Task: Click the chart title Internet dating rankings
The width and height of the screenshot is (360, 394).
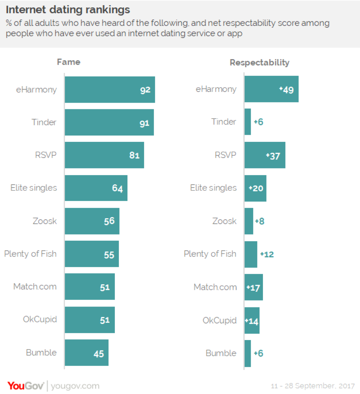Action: click(x=68, y=9)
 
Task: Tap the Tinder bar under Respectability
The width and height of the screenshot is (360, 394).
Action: click(x=248, y=122)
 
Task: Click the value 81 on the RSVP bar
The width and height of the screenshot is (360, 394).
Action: click(x=134, y=155)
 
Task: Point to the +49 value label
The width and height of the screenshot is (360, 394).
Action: click(x=287, y=90)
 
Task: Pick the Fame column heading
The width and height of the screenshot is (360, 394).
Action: click(x=68, y=62)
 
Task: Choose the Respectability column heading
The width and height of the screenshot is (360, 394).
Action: click(x=259, y=63)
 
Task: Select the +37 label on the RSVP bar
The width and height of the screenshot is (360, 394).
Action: click(x=273, y=155)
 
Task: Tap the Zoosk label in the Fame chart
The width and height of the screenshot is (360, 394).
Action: click(x=45, y=221)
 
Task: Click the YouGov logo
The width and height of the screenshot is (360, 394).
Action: click(x=26, y=386)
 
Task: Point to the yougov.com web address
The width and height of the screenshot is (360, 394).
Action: click(x=75, y=386)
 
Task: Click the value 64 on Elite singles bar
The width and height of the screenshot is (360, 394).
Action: click(x=117, y=188)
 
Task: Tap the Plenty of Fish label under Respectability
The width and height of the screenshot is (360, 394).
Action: click(x=210, y=254)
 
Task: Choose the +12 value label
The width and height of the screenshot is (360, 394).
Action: click(x=267, y=254)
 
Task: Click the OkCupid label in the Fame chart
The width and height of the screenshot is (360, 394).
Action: click(x=40, y=319)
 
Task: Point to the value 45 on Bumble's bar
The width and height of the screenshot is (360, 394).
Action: click(x=99, y=353)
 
